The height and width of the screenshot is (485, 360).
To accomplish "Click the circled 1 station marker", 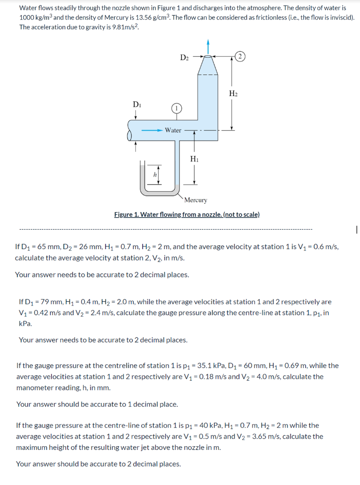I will [x=176, y=108].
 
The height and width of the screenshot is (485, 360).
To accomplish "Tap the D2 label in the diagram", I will [x=185, y=57].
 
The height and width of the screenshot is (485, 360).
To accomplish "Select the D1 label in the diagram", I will [x=136, y=104].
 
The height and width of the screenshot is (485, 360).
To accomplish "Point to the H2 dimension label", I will [x=233, y=93].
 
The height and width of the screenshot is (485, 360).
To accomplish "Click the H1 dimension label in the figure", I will [x=194, y=159].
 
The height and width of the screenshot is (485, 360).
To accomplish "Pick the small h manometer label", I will [x=153, y=175].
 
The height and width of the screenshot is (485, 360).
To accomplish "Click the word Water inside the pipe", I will [x=173, y=130].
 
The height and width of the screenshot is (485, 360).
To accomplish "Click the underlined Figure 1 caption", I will [x=187, y=215].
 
